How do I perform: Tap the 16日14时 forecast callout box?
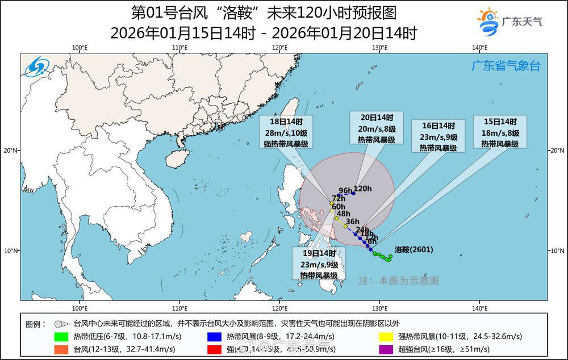pyautogui.click(x=438, y=136)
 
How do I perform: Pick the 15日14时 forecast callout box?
pyautogui.click(x=500, y=132)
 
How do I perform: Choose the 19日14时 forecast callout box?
pyautogui.click(x=319, y=263)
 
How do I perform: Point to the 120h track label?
pyautogui.click(x=362, y=189)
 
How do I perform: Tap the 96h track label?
pyautogui.click(x=345, y=190)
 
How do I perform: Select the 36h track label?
pyautogui.click(x=353, y=221)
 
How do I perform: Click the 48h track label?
pyautogui.click(x=344, y=214)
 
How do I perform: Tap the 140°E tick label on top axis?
pyautogui.click(x=479, y=48)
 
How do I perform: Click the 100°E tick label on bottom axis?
pyautogui.click(x=80, y=308)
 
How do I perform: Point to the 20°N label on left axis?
pyautogui.click(x=11, y=150)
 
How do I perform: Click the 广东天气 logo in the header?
pyautogui.click(x=509, y=22)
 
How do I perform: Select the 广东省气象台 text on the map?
pyautogui.click(x=506, y=66)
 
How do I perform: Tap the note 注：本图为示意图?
pyautogui.click(x=399, y=281)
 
